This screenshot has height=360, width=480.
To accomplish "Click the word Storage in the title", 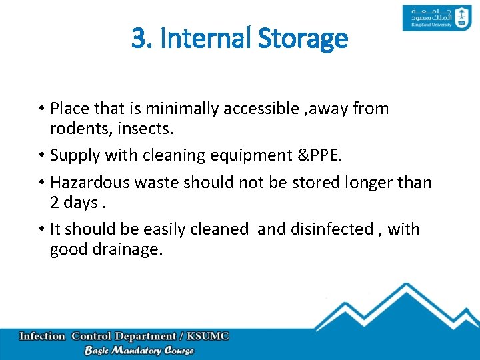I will [307, 38].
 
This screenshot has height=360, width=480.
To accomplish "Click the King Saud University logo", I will [428, 18].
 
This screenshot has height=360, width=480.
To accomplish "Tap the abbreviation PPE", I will [327, 155].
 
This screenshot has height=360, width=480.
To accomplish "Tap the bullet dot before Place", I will [41, 108].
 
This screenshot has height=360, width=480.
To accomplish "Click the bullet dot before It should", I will [41, 229].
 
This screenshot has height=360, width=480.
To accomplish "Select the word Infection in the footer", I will [43, 336].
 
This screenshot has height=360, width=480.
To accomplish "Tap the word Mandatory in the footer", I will [139, 351].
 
